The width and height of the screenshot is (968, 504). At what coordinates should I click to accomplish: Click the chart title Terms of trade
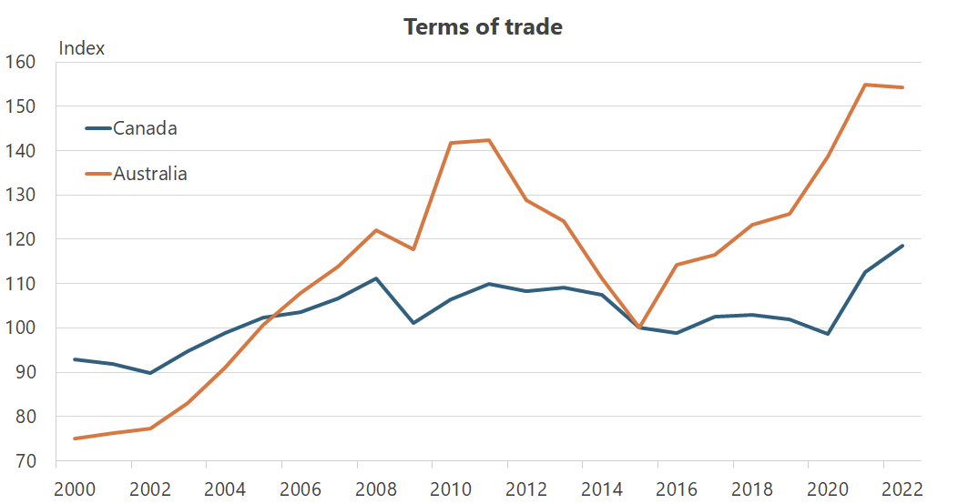click(x=483, y=26)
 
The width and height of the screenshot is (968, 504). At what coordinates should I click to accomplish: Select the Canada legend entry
click(x=144, y=128)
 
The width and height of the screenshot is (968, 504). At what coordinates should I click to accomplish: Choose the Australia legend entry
click(x=149, y=174)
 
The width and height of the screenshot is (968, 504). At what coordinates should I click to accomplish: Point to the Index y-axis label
click(x=82, y=48)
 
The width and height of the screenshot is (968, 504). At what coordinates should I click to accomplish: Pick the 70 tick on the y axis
click(x=22, y=461)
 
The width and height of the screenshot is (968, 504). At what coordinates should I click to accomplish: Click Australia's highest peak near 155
click(x=864, y=85)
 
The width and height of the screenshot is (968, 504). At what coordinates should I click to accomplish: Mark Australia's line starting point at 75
click(x=75, y=438)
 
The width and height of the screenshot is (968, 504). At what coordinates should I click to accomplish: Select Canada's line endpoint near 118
click(x=902, y=246)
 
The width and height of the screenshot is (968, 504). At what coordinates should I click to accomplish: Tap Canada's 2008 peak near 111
click(x=376, y=278)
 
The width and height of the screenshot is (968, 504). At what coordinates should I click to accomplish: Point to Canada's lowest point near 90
click(x=149, y=373)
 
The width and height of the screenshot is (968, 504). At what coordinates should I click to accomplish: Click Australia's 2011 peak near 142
click(x=489, y=140)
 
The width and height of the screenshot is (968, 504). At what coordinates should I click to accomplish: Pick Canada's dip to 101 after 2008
click(x=413, y=323)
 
